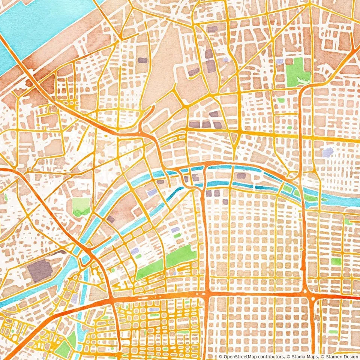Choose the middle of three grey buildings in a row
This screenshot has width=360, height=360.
206,124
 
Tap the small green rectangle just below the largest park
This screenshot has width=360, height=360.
281,100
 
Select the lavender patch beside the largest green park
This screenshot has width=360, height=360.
279,62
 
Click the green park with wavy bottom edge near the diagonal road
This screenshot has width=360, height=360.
81,206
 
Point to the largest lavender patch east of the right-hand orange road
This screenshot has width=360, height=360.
328,152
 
